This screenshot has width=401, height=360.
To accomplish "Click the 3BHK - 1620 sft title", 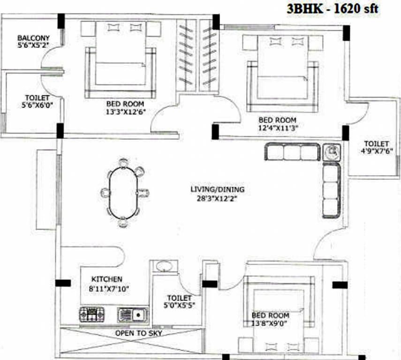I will [331, 8].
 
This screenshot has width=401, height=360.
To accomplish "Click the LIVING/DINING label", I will [217, 189].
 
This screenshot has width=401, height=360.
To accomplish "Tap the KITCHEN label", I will [106, 279].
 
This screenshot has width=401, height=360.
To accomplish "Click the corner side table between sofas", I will [332, 151].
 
